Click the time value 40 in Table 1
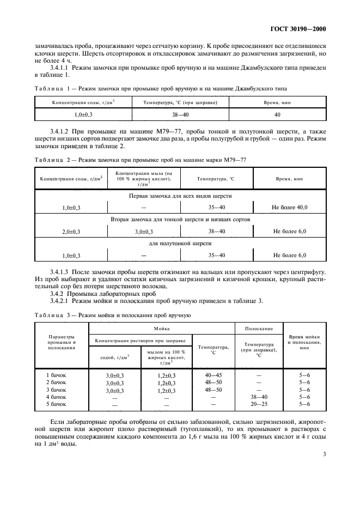(x=277, y=115)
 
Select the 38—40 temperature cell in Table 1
(x=180, y=115)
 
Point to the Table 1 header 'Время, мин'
(x=277, y=102)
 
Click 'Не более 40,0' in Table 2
(x=290, y=208)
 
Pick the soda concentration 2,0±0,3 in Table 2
(x=71, y=232)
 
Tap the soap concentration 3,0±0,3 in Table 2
(x=144, y=232)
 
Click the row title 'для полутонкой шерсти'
(x=181, y=244)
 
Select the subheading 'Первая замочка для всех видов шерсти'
(x=181, y=196)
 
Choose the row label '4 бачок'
(x=56, y=397)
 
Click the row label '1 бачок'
(x=56, y=375)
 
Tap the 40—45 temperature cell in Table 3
(x=213, y=375)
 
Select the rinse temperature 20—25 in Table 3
(x=259, y=404)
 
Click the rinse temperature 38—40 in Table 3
(x=259, y=397)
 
